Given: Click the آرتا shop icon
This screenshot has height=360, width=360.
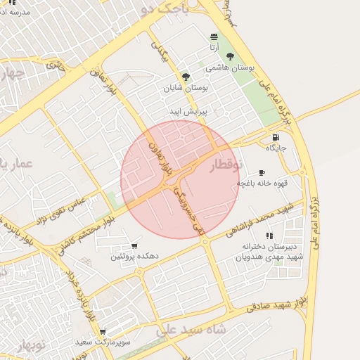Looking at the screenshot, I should point(214,37).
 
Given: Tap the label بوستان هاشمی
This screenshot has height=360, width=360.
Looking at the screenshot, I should point(229,68).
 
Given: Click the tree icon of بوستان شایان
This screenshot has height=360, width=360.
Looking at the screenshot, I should point(186,77).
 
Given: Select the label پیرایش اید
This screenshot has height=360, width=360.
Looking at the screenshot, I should point(187,112).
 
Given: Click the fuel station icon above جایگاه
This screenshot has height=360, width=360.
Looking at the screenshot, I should point(274,137).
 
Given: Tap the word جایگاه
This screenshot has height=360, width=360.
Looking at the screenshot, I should point(275,148).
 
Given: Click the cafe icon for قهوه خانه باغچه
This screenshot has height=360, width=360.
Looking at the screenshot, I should point(262,172).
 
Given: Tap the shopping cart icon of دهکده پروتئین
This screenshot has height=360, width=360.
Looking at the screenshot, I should point(134,246).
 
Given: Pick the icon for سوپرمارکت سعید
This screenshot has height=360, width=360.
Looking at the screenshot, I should point(103,331).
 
